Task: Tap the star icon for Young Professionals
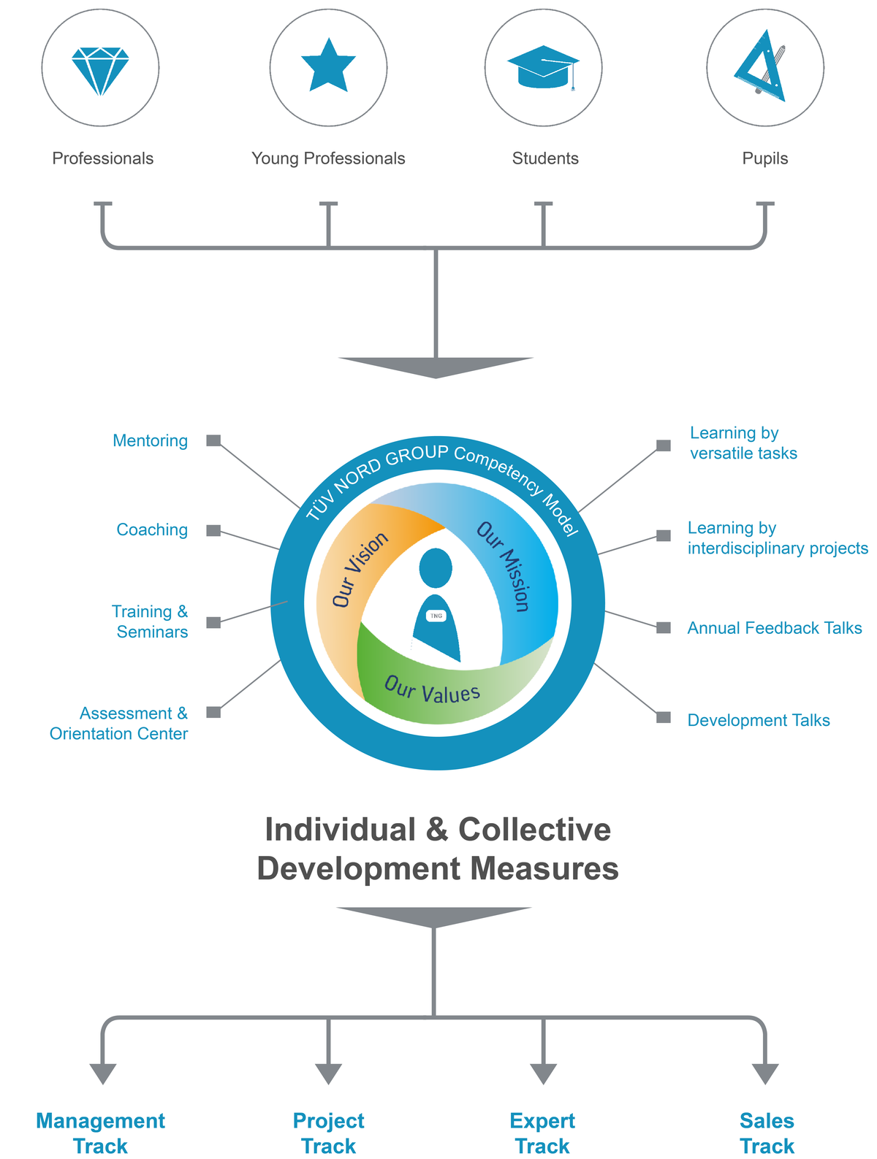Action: click(328, 66)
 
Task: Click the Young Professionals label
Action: click(328, 158)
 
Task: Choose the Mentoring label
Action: click(150, 440)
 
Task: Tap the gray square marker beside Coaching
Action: click(213, 530)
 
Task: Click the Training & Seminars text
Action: click(150, 621)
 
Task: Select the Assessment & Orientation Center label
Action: click(119, 724)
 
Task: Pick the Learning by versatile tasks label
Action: click(743, 443)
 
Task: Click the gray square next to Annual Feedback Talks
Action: click(664, 627)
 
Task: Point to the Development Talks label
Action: click(759, 720)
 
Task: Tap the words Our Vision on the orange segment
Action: click(360, 569)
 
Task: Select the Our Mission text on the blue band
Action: click(503, 567)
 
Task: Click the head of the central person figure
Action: click(436, 568)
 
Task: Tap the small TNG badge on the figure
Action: click(436, 616)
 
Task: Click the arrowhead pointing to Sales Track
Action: click(765, 1074)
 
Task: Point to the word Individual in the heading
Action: click(341, 829)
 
